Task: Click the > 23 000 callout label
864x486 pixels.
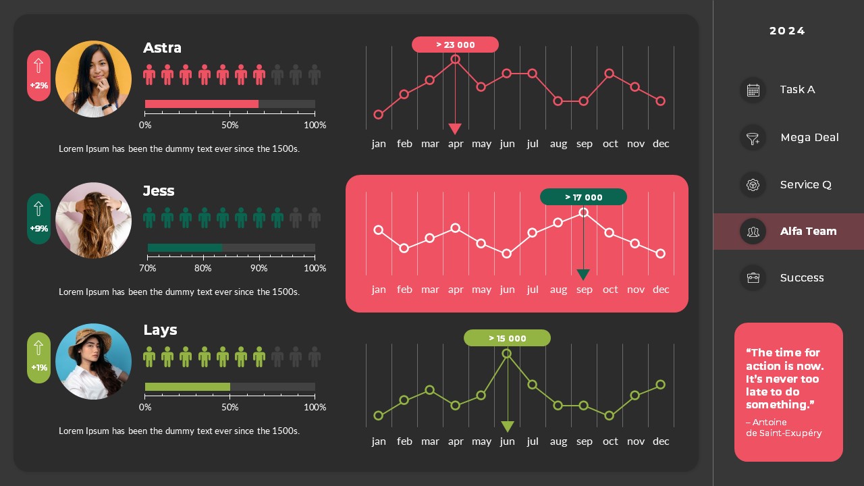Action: click(x=455, y=45)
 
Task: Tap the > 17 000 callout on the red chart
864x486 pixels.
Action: click(x=583, y=197)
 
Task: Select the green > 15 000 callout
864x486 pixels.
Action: click(x=507, y=338)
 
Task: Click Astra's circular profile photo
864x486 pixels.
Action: click(x=93, y=79)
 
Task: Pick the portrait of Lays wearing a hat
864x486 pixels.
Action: click(x=93, y=361)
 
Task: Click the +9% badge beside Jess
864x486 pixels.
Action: click(x=38, y=219)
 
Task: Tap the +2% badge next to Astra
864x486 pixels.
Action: click(x=38, y=76)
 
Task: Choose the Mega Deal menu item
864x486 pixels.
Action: click(x=809, y=138)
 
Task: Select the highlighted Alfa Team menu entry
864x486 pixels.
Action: click(x=807, y=232)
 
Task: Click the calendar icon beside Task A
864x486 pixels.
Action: click(x=753, y=90)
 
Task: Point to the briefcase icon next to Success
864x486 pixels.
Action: click(x=753, y=277)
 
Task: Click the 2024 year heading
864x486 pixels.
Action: click(x=787, y=31)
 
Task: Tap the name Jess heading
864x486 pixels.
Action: click(x=159, y=191)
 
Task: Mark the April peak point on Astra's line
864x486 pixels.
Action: click(x=456, y=59)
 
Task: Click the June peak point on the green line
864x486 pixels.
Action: click(x=507, y=353)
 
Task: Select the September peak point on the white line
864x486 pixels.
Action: click(x=584, y=212)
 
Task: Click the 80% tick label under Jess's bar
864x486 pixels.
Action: click(x=202, y=269)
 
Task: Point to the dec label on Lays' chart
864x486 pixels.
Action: click(x=661, y=441)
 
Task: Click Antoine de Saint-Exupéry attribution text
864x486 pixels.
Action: click(x=784, y=428)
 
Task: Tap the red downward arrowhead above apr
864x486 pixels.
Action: click(x=455, y=129)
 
